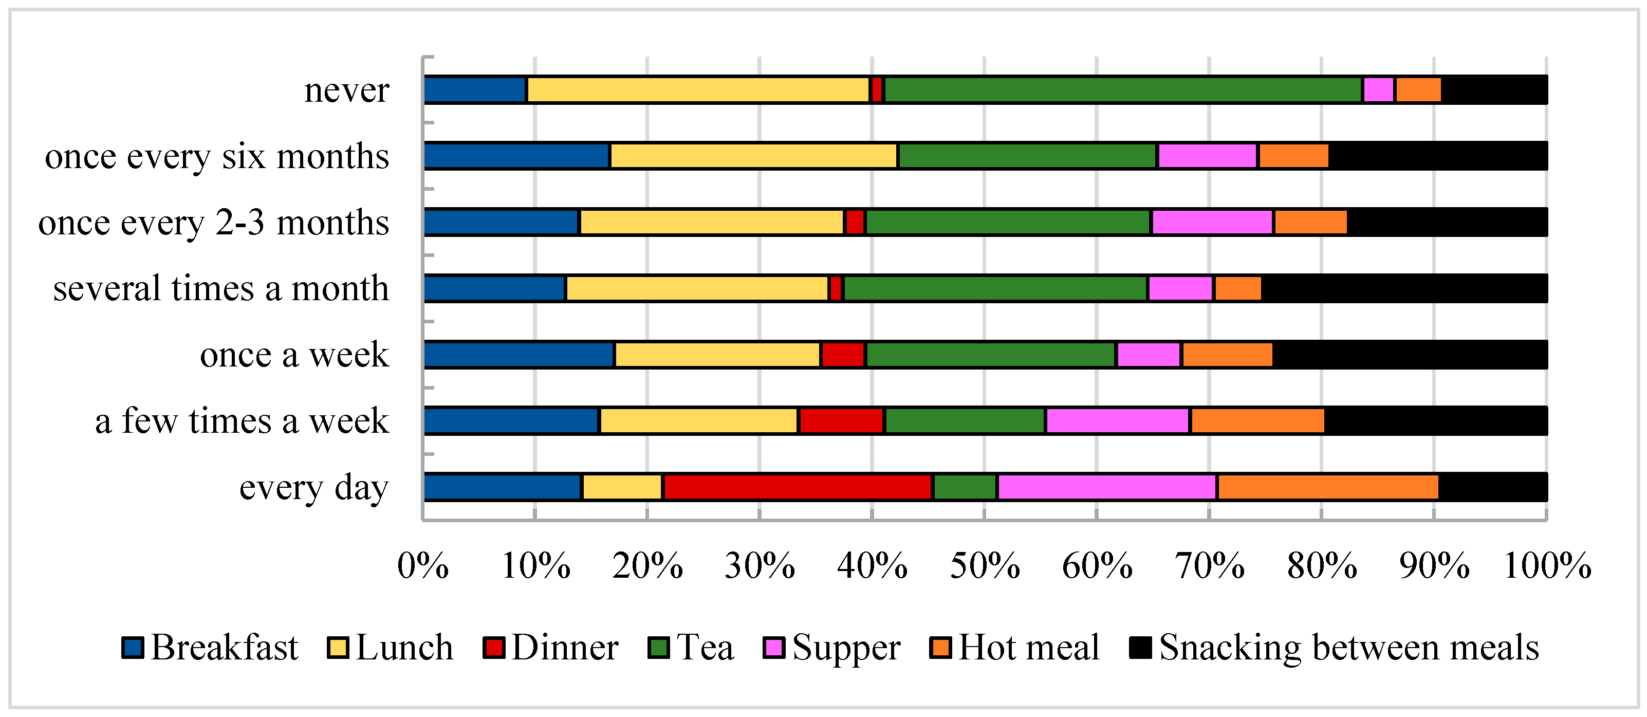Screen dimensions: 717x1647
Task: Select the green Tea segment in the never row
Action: click(1123, 89)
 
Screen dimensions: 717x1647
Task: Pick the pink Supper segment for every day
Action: click(1107, 487)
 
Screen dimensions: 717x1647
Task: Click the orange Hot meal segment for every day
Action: click(1328, 487)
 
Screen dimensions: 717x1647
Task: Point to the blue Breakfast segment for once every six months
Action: click(516, 156)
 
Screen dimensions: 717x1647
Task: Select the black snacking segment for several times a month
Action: click(1404, 288)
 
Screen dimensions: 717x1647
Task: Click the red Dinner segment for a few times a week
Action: click(841, 421)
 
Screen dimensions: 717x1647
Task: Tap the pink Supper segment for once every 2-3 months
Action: click(1212, 222)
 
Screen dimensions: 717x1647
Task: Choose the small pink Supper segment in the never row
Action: click(1378, 89)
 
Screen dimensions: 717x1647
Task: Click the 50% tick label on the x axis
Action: click(985, 566)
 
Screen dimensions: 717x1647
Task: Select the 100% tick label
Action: click(1547, 566)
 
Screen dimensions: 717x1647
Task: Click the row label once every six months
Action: click(217, 156)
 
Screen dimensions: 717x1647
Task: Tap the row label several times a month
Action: click(220, 288)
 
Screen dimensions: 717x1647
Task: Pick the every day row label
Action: click(313, 488)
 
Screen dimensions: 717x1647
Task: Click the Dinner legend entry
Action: click(551, 647)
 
